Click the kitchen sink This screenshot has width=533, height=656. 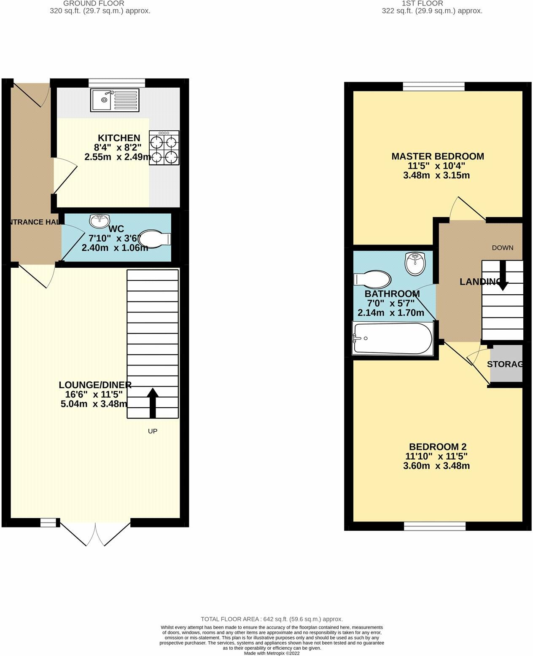(114, 99)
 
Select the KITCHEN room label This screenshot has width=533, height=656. (119, 138)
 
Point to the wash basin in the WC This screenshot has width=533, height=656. (100, 220)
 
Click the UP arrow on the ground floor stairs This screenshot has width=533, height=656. (153, 403)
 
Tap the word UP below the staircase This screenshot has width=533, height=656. (153, 431)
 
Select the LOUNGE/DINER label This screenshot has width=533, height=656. (95, 384)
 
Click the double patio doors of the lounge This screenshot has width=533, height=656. (96, 534)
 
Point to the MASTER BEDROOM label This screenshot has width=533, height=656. (438, 156)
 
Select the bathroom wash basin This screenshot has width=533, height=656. (416, 263)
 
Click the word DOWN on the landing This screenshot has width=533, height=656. (503, 247)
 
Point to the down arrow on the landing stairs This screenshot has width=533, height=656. (502, 279)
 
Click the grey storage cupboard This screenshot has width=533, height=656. (506, 364)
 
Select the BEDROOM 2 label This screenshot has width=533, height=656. (438, 446)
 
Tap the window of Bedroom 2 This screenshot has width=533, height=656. (435, 526)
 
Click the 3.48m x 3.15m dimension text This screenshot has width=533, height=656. (436, 175)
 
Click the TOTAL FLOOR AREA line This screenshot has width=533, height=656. (272, 619)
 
